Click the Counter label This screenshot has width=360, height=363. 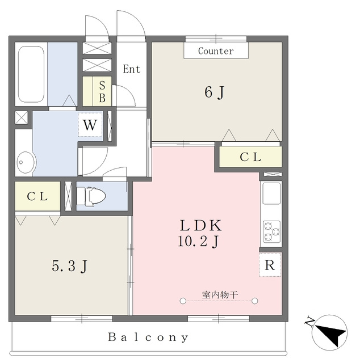[x=216, y=51]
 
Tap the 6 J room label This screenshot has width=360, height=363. [x=215, y=92]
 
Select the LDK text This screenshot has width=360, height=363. [x=201, y=226]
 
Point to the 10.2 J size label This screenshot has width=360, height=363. [x=198, y=241]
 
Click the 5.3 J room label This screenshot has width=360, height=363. [x=69, y=266]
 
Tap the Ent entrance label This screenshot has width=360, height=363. [x=131, y=69]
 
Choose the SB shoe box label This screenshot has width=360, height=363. [x=102, y=92]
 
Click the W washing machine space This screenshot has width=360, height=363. [x=90, y=125]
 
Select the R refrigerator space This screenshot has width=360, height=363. [x=270, y=265]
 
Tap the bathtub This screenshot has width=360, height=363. [x=31, y=74]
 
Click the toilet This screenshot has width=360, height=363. [x=91, y=196]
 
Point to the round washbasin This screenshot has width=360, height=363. [x=26, y=162]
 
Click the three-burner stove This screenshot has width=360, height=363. [x=271, y=231]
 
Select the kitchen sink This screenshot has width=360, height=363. [x=271, y=193]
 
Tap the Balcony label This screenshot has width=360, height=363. [x=148, y=337]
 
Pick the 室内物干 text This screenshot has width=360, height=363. [x=220, y=295]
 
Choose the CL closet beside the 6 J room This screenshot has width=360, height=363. [x=250, y=157]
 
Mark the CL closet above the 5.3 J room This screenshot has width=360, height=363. [x=37, y=196]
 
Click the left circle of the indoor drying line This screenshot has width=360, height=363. [x=183, y=301]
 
